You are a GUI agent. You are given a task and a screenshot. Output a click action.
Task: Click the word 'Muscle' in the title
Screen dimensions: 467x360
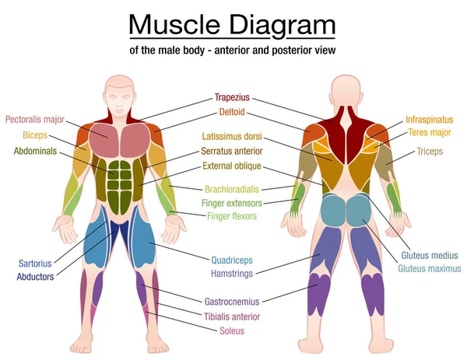(x=174, y=25)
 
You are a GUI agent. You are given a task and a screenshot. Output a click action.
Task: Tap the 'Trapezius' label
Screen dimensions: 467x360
(x=232, y=97)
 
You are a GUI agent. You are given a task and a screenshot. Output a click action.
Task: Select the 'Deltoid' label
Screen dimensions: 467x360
(x=232, y=112)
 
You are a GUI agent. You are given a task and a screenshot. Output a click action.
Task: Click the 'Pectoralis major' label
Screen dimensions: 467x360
(x=35, y=120)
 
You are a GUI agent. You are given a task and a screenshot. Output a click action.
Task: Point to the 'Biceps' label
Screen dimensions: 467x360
(x=35, y=135)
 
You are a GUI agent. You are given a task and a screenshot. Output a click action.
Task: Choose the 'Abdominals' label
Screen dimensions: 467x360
(x=35, y=151)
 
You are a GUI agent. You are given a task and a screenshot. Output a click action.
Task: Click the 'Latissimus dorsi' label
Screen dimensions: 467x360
(x=232, y=136)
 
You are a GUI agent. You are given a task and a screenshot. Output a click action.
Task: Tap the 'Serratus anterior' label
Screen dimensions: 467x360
(x=232, y=151)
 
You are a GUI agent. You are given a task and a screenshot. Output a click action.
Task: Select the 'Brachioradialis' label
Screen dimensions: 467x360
(x=232, y=189)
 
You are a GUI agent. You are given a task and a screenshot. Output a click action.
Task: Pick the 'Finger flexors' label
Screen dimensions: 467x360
(x=232, y=216)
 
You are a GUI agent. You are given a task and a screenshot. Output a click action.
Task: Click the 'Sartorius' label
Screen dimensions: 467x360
(x=35, y=264)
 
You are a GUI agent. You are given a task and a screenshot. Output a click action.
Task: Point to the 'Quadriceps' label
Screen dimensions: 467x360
(x=232, y=260)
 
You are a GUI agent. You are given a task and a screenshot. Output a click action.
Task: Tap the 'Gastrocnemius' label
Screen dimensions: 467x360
(x=232, y=302)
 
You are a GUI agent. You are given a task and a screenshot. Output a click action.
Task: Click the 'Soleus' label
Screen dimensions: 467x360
(x=232, y=331)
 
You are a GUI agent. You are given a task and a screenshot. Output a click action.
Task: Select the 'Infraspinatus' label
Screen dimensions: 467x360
(x=429, y=120)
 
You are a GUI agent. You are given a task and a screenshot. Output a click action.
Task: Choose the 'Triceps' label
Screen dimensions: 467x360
(x=430, y=151)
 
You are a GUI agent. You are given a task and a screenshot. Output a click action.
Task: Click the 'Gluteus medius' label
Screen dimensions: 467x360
(x=430, y=255)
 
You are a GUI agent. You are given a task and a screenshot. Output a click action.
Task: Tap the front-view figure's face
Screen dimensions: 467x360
(x=119, y=100)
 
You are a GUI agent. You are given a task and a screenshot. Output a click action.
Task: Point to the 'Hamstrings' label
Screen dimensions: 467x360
(x=232, y=274)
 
